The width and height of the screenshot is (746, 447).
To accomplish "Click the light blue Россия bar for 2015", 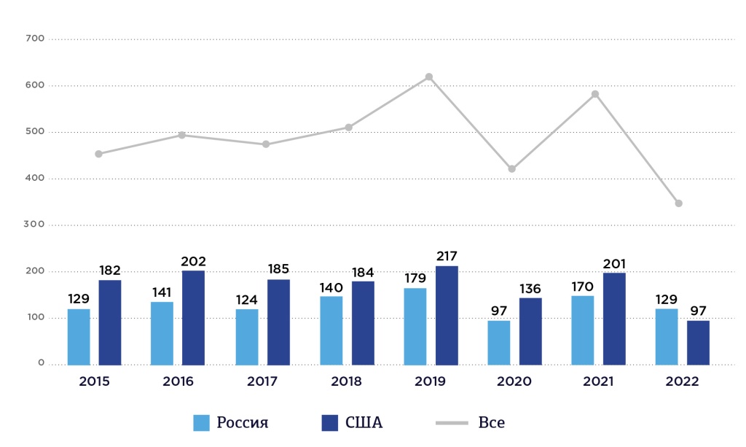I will click(79, 337).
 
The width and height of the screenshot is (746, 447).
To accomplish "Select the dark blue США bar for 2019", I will click(447, 315).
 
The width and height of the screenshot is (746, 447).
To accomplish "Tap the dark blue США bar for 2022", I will click(698, 342).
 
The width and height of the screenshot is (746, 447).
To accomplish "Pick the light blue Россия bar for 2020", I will click(499, 342).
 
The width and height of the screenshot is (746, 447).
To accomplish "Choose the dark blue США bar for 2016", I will click(193, 317).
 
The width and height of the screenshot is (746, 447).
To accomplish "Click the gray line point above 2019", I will click(429, 77).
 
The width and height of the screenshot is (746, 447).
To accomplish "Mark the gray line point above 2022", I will click(678, 203).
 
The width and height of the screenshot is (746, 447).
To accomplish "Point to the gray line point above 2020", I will click(511, 168).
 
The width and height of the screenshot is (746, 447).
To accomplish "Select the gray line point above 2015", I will click(98, 154).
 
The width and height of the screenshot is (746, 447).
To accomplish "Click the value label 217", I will click(446, 256).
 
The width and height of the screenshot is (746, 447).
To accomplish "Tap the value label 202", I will click(193, 261).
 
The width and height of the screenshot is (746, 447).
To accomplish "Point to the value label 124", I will click(246, 299).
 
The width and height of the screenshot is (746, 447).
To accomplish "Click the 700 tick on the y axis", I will click(36, 38).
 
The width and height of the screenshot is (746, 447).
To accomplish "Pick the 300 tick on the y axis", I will click(36, 225).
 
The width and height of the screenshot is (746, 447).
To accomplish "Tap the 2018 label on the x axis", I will click(346, 381).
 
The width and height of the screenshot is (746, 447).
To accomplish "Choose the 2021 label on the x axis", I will click(597, 381).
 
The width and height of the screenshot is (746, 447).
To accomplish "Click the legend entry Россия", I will click(230, 423).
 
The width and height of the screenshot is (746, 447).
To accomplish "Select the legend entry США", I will click(352, 423).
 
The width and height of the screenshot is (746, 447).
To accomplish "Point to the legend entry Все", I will click(470, 423).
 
